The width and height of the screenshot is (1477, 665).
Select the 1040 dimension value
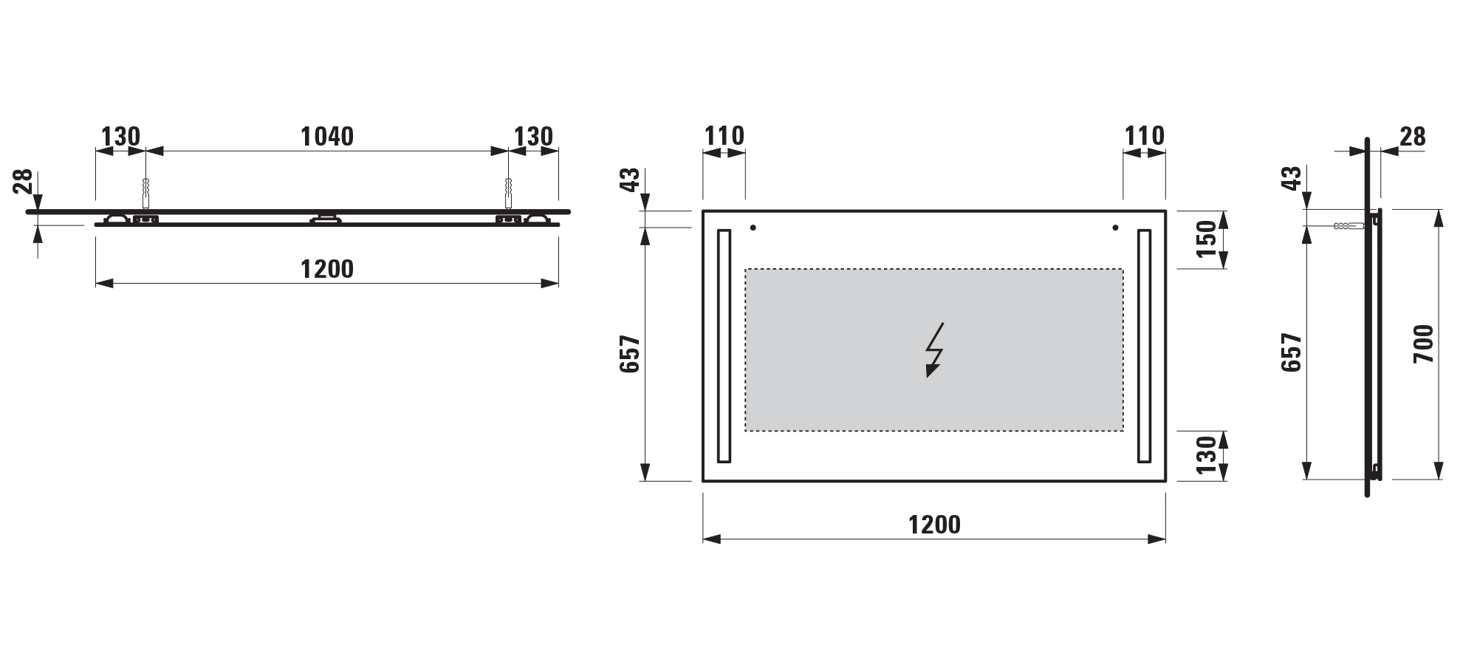pyautogui.click(x=327, y=137)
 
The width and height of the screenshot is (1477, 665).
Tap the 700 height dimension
pyautogui.click(x=1423, y=344)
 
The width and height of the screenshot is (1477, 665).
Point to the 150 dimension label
pyautogui.click(x=1206, y=239)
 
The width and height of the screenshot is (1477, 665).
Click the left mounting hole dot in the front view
pyautogui.click(x=753, y=228)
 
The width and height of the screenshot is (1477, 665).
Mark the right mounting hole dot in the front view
pyautogui.click(x=1115, y=228)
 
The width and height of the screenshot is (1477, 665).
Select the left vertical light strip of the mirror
pyautogui.click(x=724, y=346)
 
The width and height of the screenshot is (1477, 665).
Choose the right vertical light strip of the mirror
pyautogui.click(x=1144, y=346)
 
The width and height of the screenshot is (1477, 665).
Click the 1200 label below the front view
pyautogui.click(x=934, y=525)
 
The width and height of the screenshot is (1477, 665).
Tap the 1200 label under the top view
pyautogui.click(x=327, y=269)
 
